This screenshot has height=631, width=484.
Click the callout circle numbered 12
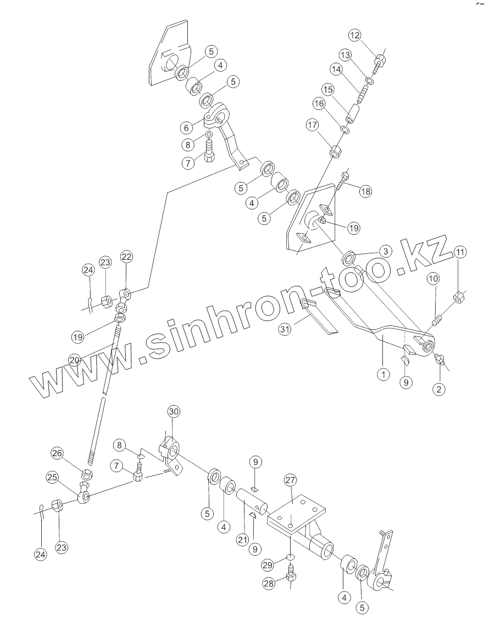tap(354, 36)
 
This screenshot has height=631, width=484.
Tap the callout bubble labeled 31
tap(284, 329)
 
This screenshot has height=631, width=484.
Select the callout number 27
tap(290, 480)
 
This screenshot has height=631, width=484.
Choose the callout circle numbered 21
tap(242, 540)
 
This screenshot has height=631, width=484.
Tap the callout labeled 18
tap(366, 191)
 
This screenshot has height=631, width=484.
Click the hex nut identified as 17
tap(335, 151)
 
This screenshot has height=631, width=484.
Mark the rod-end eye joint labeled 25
tap(84, 496)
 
